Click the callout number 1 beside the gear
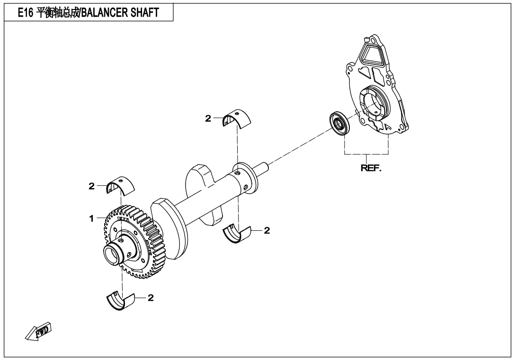pos(91,218)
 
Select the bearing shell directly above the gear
pos(120,184)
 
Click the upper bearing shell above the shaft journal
pos(238,117)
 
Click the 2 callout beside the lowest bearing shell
pos(151,298)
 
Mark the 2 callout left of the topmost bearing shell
pos(208,119)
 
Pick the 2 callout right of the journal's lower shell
pos(267,231)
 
